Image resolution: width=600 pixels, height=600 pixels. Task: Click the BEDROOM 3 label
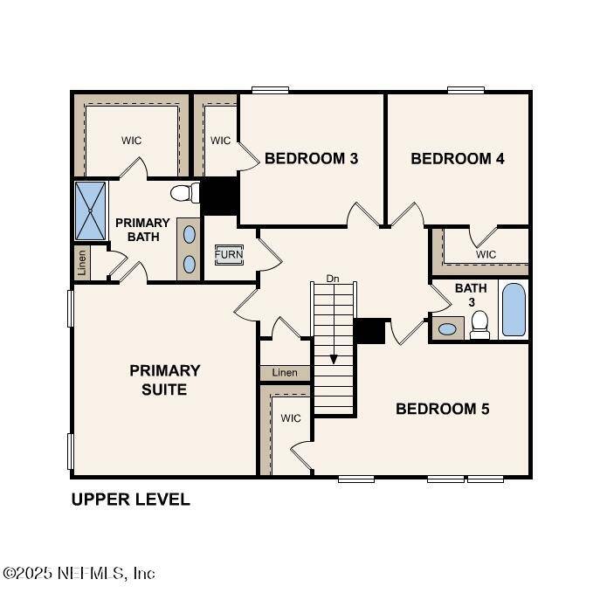tap(311, 159)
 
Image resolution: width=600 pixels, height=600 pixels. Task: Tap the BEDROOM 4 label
tap(457, 159)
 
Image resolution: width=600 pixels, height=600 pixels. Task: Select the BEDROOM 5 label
tap(443, 409)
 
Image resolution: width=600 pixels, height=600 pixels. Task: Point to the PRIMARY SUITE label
tap(164, 380)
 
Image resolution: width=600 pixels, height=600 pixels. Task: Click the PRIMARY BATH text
tap(142, 230)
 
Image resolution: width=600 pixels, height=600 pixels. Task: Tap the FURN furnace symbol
tap(229, 255)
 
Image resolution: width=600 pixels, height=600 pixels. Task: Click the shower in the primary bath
tap(90, 210)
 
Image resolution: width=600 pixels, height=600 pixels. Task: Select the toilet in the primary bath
tap(183, 193)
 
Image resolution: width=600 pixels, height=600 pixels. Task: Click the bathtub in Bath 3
tap(514, 310)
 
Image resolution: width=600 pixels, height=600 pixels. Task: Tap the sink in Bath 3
tap(447, 329)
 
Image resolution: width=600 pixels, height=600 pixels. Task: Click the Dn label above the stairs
tap(332, 279)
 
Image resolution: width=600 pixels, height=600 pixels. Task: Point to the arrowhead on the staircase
tap(333, 359)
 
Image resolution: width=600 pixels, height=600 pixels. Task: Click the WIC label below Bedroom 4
tap(486, 254)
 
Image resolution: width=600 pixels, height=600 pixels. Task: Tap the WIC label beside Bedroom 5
tap(290, 418)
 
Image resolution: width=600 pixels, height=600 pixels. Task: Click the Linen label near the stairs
tap(285, 373)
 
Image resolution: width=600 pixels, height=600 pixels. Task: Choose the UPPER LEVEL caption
tap(130, 500)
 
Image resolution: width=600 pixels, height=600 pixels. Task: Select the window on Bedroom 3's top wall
tap(271, 89)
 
